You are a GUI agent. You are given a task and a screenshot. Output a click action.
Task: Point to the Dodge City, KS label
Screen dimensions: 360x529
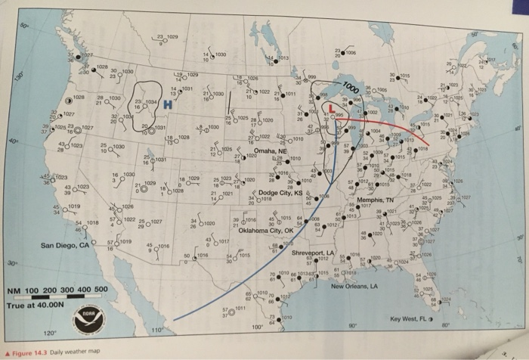pos(280,194)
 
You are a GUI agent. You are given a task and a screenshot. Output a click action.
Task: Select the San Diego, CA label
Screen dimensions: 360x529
pos(66,246)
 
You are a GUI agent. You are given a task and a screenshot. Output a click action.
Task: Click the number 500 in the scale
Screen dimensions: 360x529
pos(99,290)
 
